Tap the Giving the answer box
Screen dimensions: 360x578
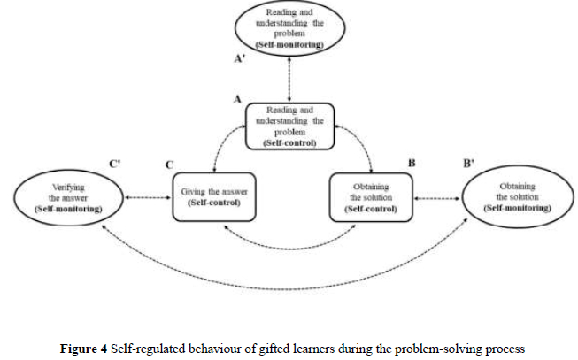click(x=212, y=196)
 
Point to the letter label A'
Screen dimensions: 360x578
click(x=237, y=59)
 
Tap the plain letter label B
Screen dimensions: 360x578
click(x=411, y=163)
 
